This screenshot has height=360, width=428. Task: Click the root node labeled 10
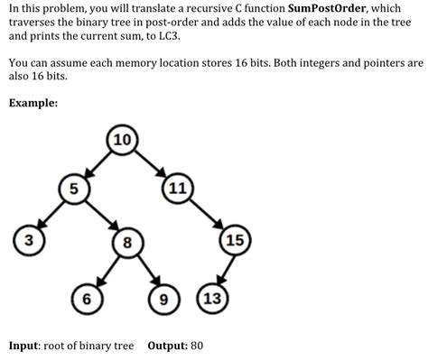click(122, 140)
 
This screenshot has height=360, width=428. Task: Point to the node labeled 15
click(236, 240)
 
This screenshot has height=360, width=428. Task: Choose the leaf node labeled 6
click(86, 297)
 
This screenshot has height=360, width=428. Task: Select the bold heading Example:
click(33, 103)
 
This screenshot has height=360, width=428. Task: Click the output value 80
click(198, 346)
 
